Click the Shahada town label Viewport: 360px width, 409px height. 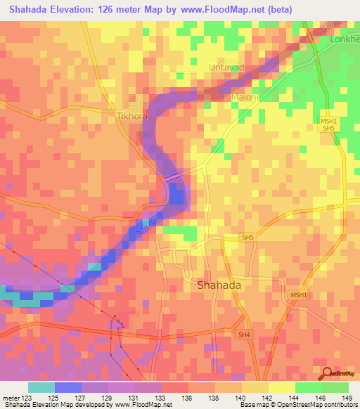(x=219, y=285)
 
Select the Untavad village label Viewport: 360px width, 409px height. (x=227, y=67)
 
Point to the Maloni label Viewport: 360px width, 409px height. (x=245, y=97)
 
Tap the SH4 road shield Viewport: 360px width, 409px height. (x=244, y=335)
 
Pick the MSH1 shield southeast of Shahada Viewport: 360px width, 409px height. (x=298, y=295)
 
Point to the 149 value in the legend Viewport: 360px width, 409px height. (x=347, y=397)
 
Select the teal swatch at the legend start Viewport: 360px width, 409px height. (x=41, y=387)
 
